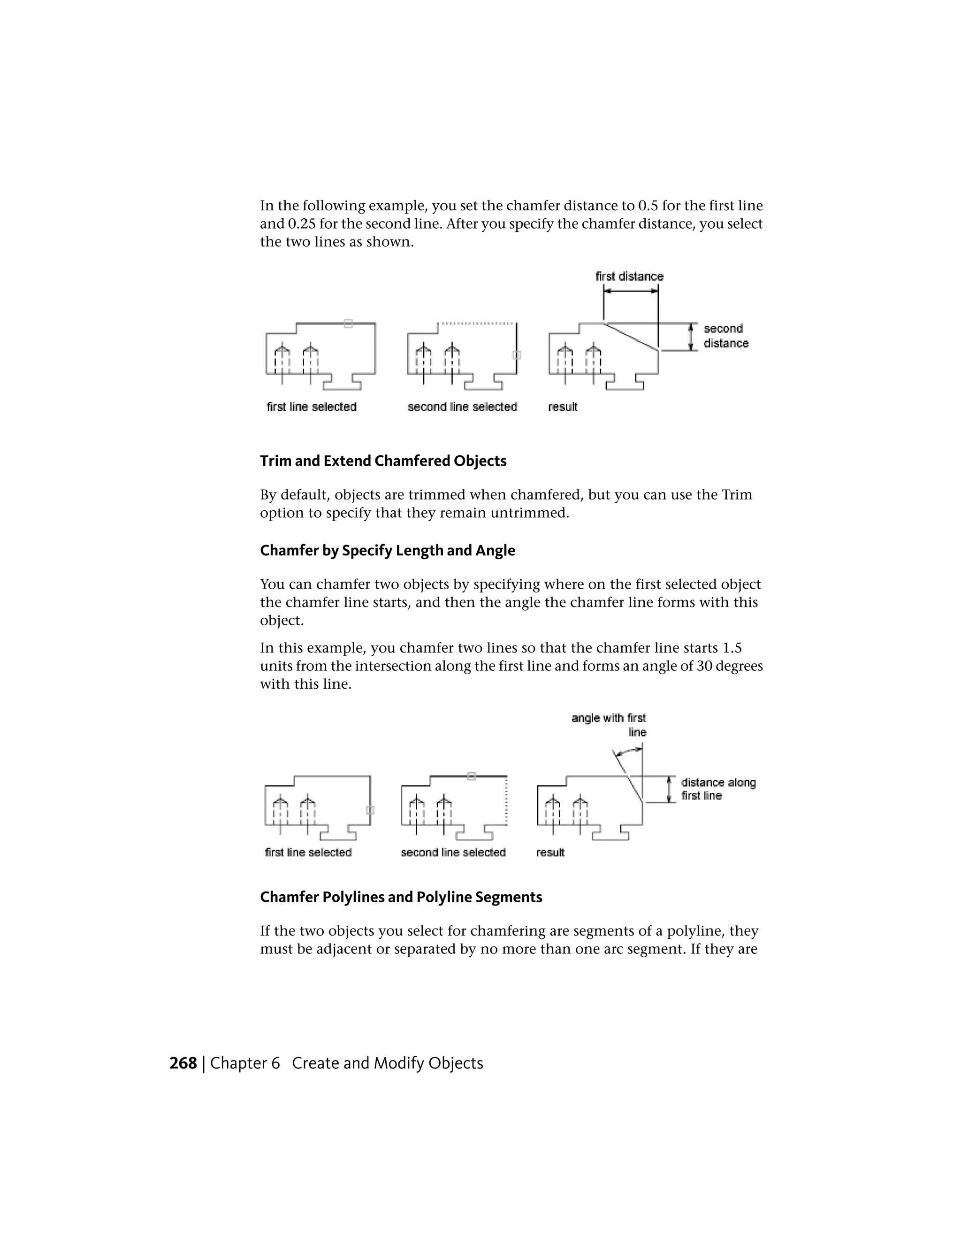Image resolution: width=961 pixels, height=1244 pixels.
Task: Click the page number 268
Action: pos(183,1063)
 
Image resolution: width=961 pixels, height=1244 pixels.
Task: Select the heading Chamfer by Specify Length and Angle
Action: pos(387,551)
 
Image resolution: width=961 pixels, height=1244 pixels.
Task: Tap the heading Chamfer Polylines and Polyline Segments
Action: pos(401,897)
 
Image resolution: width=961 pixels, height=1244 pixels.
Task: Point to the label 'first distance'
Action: pos(629,276)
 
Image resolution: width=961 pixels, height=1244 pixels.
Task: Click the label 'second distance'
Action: pos(726,336)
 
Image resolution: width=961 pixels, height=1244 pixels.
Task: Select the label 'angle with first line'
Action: pos(609,724)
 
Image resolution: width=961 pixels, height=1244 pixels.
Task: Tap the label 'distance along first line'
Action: pos(718,789)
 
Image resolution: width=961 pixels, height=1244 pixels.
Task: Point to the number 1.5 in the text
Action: pos(732,648)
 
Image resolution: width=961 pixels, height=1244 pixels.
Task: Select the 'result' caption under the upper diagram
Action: pos(563,407)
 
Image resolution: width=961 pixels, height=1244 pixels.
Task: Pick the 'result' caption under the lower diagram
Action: pos(550,852)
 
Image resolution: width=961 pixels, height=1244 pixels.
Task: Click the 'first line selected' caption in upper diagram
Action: pos(312,407)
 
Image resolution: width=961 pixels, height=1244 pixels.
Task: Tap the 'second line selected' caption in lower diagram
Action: pos(453,852)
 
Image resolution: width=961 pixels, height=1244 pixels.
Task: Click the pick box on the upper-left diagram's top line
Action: pos(349,323)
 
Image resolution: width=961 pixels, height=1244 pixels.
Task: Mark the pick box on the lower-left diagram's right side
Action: pos(370,810)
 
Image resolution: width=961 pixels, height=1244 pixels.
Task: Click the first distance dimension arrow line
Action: pos(631,291)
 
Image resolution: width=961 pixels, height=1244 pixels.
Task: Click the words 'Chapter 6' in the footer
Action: pos(245,1063)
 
